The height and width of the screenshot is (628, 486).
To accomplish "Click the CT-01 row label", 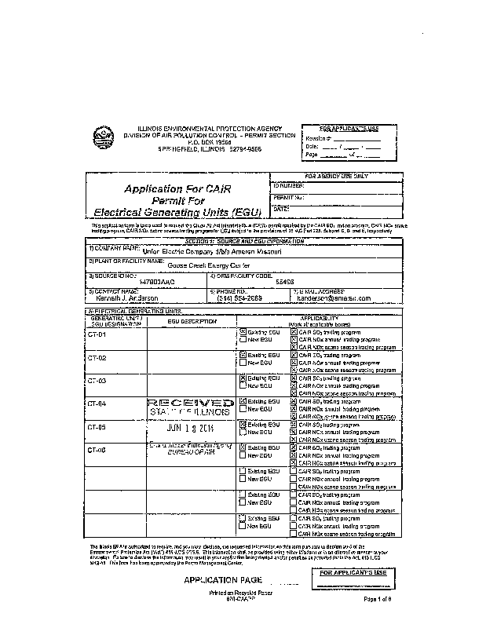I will (x=97, y=334).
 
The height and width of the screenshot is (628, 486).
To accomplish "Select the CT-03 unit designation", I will (x=97, y=381).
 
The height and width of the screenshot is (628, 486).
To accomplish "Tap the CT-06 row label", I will (x=97, y=450).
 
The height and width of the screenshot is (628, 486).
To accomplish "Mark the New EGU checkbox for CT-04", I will (x=243, y=409).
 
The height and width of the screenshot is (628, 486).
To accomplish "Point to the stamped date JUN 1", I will (x=187, y=429).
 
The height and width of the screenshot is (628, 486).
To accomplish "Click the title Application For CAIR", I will (x=175, y=188).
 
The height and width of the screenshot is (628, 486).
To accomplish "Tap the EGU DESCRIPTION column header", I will (x=191, y=321).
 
